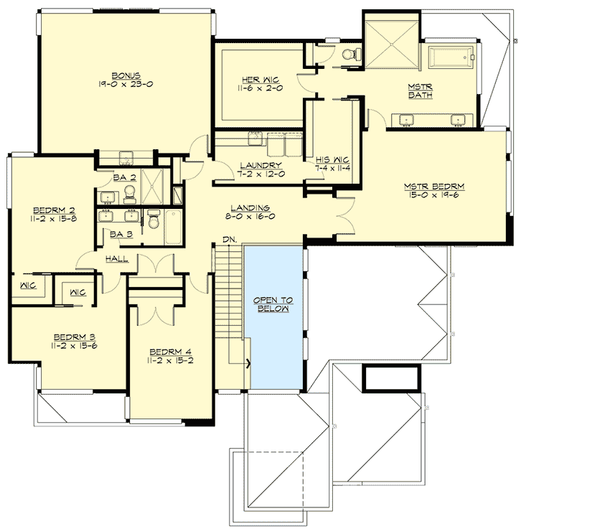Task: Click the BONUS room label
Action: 125,75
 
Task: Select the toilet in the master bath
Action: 347,54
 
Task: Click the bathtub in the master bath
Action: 451,56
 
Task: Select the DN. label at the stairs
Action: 229,238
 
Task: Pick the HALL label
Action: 117,258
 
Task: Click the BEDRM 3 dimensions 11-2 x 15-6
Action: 75,345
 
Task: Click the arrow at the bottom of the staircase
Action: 248,363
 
